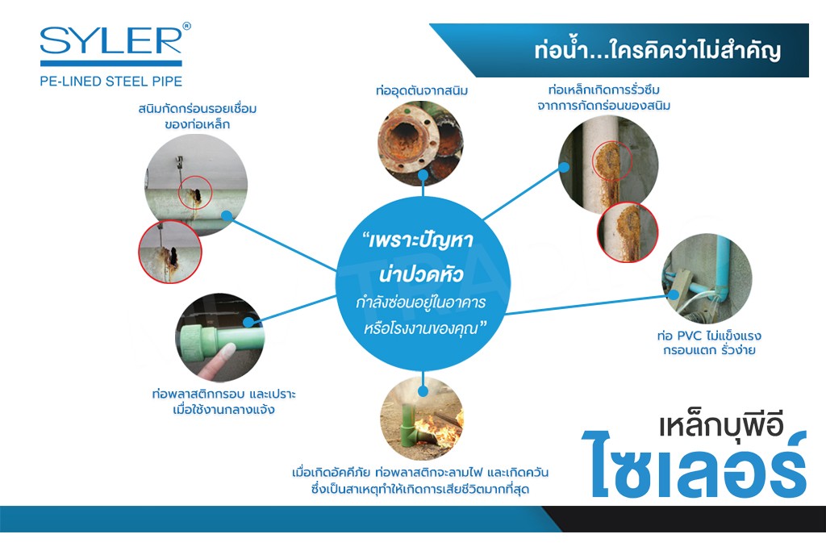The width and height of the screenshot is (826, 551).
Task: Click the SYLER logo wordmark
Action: tap(111, 40)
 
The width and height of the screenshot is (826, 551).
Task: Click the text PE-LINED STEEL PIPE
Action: tap(111, 81)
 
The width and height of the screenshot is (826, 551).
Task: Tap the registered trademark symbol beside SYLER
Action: tap(186, 26)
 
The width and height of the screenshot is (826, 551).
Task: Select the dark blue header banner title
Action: tap(657, 51)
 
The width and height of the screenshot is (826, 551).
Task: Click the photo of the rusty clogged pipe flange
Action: tap(420, 142)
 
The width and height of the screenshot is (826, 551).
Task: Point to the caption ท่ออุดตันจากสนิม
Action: tap(421, 90)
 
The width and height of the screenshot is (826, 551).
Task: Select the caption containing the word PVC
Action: tap(708, 343)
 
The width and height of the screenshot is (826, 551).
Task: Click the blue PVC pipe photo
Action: tap(707, 278)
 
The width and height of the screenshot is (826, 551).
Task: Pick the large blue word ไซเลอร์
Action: tap(695, 465)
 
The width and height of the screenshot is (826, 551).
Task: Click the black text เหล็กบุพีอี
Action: tap(720, 426)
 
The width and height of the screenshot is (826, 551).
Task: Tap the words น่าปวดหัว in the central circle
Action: tap(421, 274)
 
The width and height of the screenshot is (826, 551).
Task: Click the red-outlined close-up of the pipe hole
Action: tap(169, 252)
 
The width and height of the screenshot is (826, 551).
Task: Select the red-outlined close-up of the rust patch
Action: tap(628, 232)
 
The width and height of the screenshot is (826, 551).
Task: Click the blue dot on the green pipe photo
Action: tap(248, 322)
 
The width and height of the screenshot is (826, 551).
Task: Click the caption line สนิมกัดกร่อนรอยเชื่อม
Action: tap(198, 109)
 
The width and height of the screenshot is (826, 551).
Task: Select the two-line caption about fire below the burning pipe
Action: tap(420, 481)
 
